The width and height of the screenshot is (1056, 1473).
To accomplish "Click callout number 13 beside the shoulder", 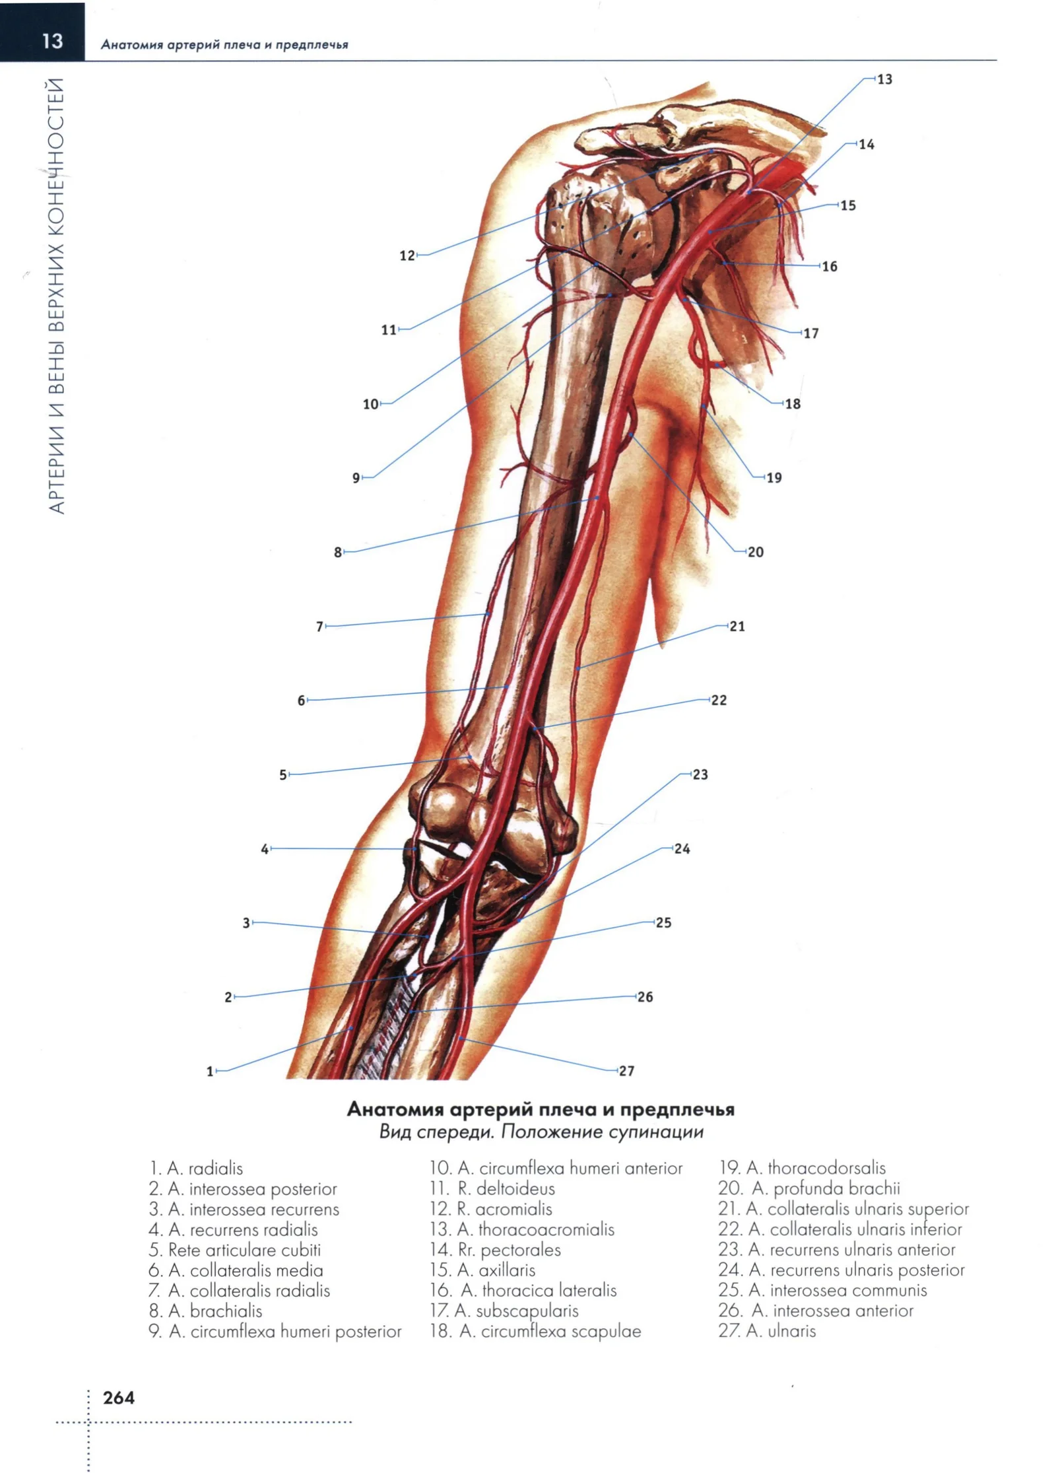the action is [x=884, y=79].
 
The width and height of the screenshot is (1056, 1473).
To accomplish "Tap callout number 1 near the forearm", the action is [x=210, y=1071].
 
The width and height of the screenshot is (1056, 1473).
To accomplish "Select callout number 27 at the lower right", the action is [x=626, y=1071].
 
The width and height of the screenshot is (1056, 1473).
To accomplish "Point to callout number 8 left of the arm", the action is [x=338, y=552].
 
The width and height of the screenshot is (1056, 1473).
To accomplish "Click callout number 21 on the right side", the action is [x=737, y=626].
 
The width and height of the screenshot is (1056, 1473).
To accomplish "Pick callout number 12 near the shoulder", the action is [x=407, y=256].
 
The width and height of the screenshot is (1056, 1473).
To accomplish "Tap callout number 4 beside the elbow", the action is [x=265, y=849].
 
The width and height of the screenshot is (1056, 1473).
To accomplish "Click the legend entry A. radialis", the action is [x=196, y=1169].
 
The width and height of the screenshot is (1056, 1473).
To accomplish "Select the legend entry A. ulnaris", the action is [x=767, y=1331].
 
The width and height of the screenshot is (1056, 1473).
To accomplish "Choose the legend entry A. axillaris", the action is [x=482, y=1270].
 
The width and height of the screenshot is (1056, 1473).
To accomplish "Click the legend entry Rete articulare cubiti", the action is [x=235, y=1250].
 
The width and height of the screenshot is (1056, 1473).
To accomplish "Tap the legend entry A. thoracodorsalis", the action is [x=802, y=1169].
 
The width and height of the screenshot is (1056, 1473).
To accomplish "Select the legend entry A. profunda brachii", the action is [x=809, y=1189].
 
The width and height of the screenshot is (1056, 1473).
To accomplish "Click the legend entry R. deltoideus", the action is [x=492, y=1189].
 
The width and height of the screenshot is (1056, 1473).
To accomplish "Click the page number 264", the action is [x=119, y=1398].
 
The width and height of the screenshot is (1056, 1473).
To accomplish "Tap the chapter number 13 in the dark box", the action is [x=52, y=41].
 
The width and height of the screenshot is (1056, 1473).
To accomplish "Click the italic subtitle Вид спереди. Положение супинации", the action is [x=541, y=1132].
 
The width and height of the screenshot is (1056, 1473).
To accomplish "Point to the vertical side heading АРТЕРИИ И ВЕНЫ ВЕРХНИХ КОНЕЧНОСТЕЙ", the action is [x=57, y=296].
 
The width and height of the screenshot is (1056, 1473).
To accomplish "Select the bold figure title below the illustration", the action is [x=541, y=1109].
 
